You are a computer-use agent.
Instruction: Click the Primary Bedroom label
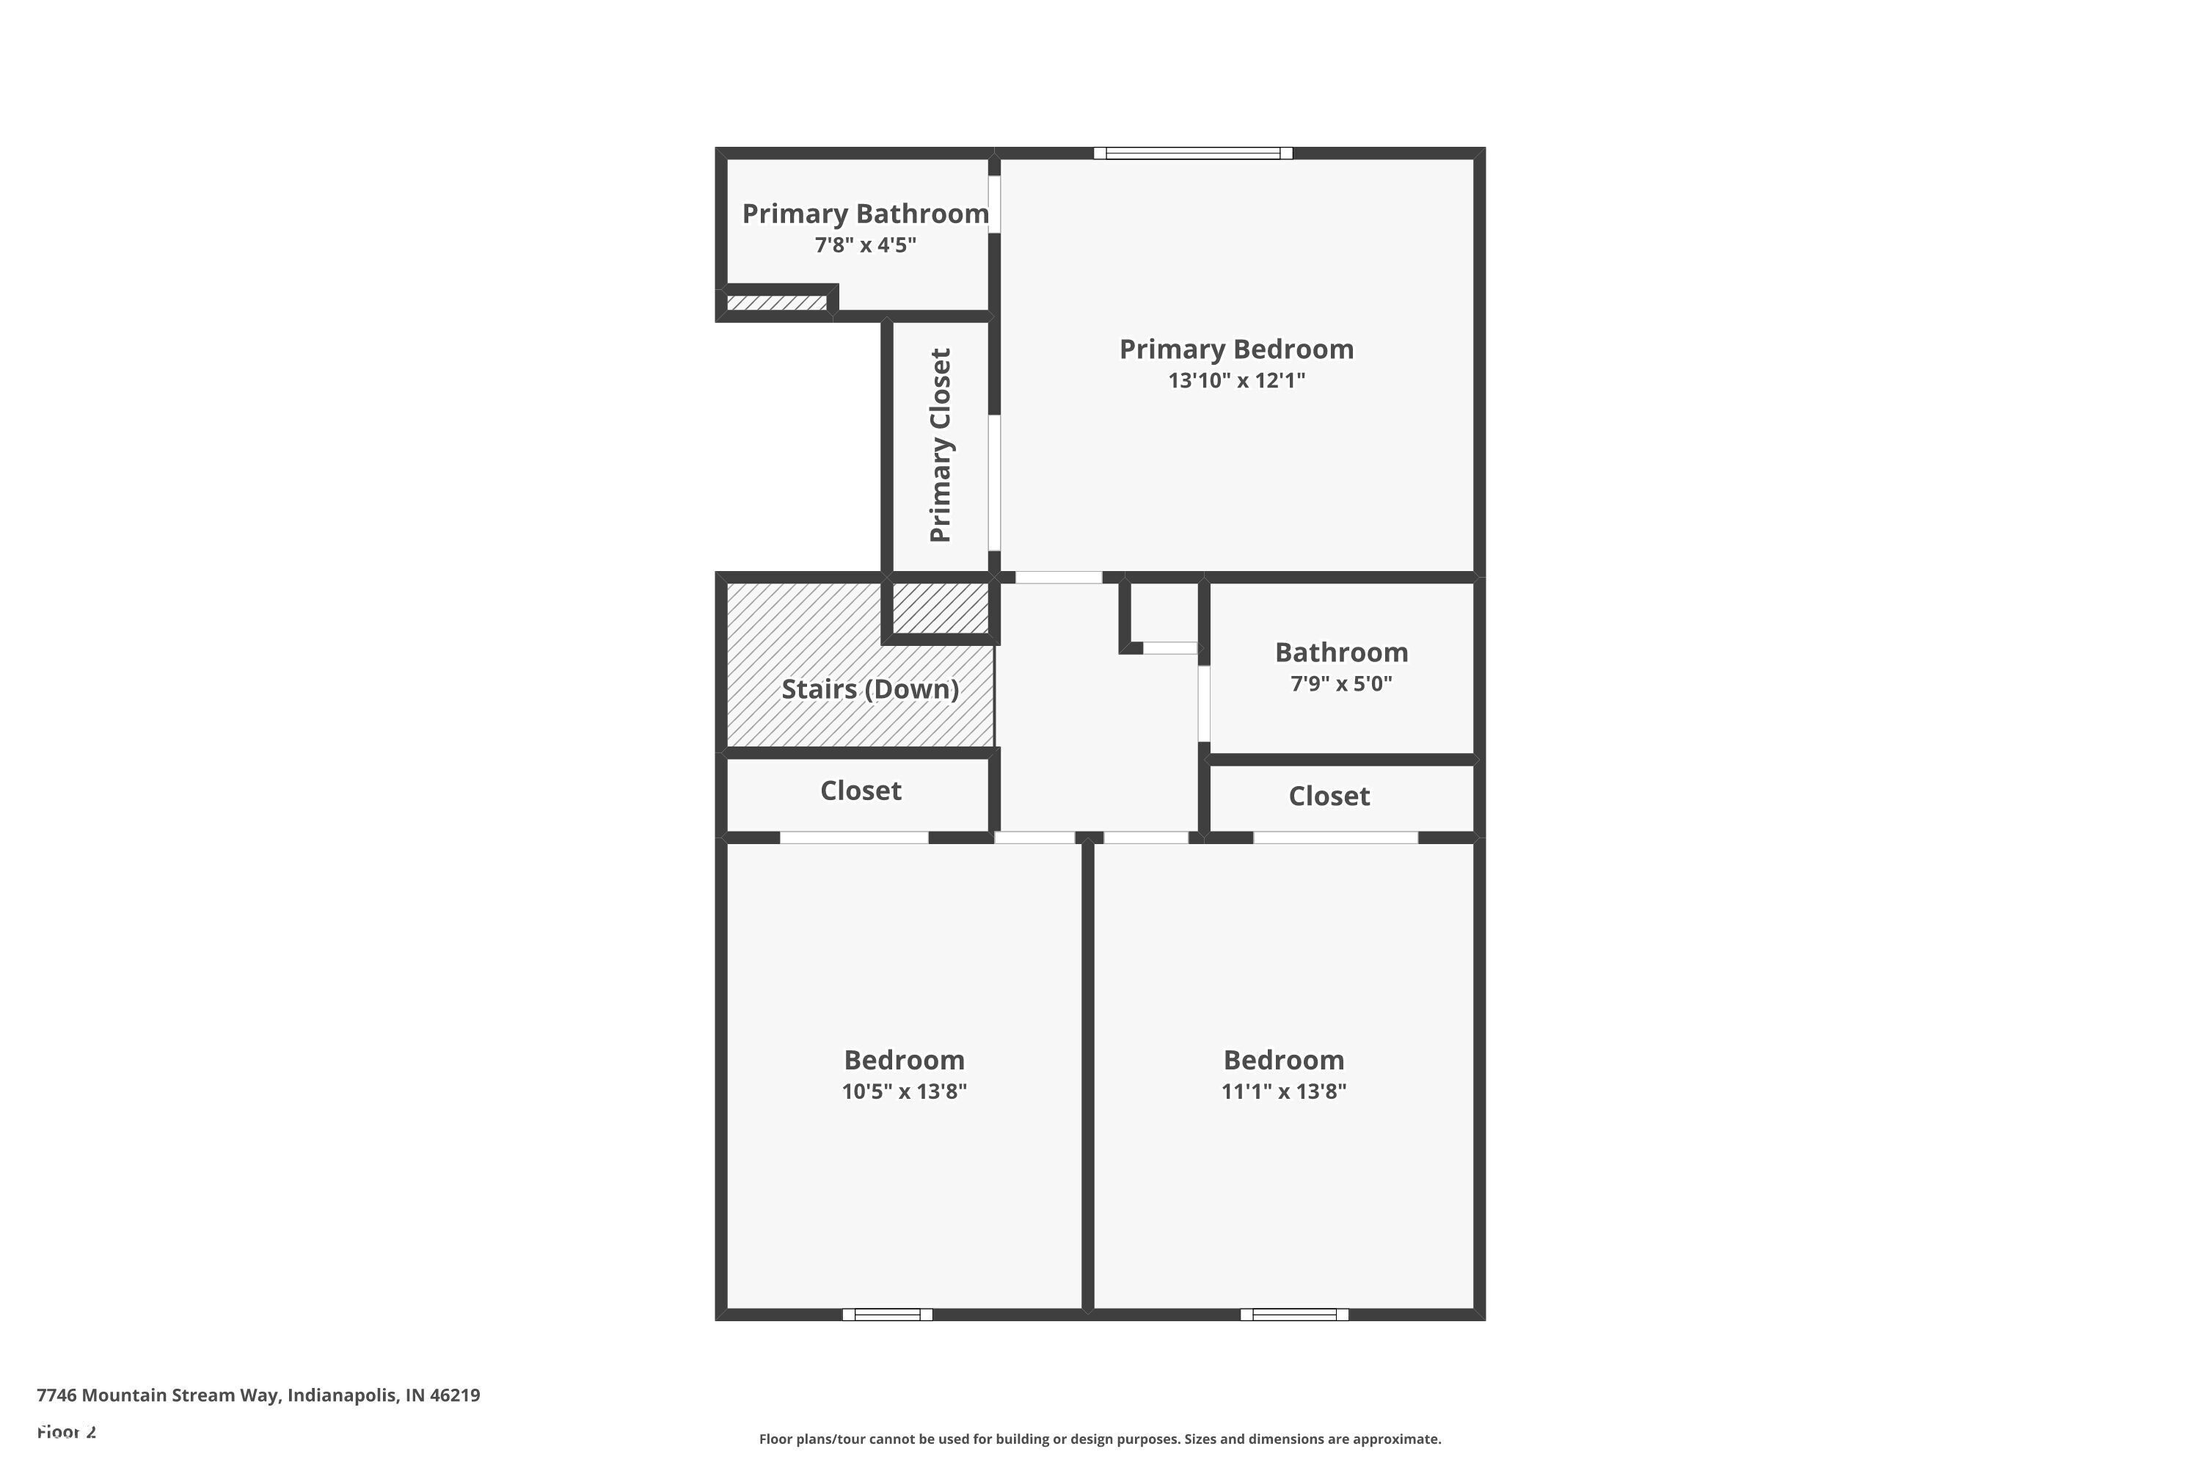point(1236,349)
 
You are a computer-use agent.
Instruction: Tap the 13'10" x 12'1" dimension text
point(1236,380)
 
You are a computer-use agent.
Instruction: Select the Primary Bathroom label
point(866,214)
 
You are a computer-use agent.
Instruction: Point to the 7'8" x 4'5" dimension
point(866,245)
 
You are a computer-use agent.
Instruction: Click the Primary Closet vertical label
point(941,445)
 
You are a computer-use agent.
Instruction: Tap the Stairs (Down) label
point(870,690)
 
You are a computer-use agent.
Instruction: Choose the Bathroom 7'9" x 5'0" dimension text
point(1341,683)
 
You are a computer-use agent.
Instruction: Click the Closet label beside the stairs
point(861,791)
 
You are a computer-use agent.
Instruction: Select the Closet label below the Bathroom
point(1329,796)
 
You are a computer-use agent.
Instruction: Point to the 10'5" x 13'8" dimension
point(904,1091)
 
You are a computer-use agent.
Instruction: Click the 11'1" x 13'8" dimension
point(1284,1091)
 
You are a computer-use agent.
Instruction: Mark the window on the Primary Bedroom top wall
point(1193,153)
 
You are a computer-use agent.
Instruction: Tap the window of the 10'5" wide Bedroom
point(887,1315)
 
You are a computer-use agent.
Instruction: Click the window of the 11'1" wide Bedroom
point(1294,1315)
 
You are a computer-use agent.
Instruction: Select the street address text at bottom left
point(258,1395)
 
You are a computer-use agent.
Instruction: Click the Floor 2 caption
point(67,1431)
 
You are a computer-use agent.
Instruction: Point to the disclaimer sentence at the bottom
point(1100,1439)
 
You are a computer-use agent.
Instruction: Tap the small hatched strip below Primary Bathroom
point(777,303)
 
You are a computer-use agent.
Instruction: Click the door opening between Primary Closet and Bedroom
point(995,483)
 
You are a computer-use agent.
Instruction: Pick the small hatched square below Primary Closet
point(940,608)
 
